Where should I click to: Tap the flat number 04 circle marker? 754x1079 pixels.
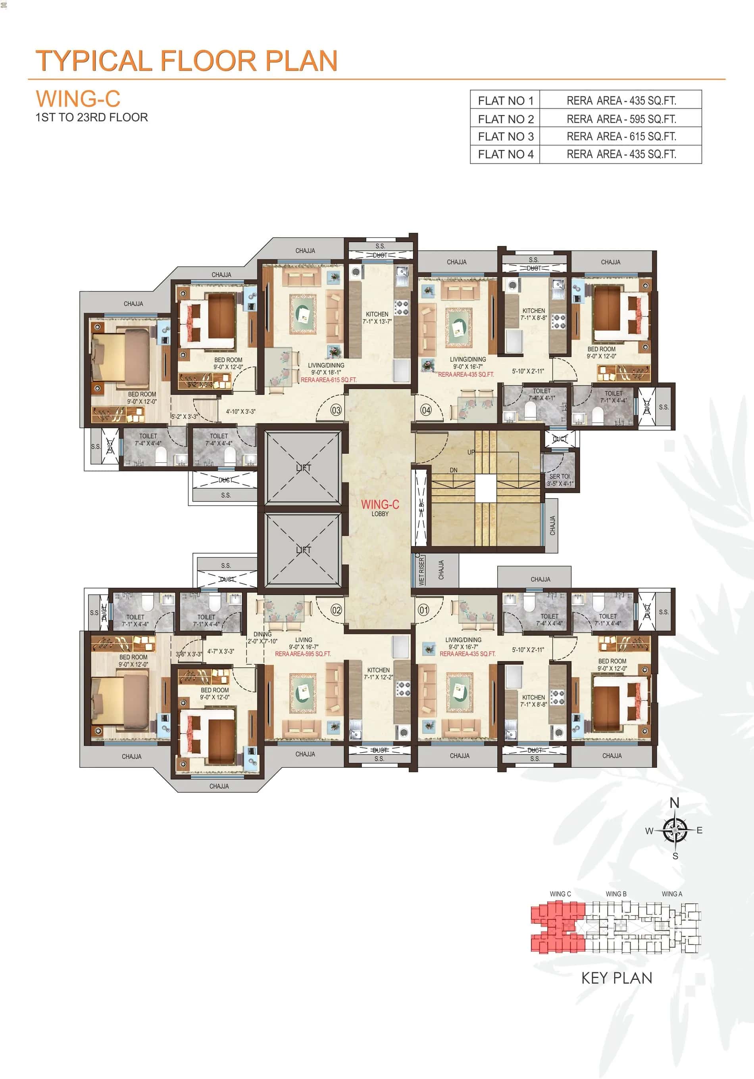pos(426,410)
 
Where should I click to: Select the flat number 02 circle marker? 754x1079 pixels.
pos(336,610)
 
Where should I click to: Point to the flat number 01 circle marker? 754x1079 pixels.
pos(424,610)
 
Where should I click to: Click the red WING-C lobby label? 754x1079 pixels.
pos(380,504)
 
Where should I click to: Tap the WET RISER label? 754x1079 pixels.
pos(421,571)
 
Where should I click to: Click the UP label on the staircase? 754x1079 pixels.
pos(471,452)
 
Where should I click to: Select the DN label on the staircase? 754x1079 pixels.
pos(454,470)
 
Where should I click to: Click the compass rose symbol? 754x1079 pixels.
pos(675,830)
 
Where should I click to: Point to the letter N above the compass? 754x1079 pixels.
pos(675,803)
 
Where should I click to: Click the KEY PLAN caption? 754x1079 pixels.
pos(617,978)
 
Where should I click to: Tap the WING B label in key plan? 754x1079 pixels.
pos(616,894)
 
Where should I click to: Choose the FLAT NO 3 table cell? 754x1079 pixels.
pos(505,137)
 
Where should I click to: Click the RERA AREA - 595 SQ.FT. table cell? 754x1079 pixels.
pos(621,119)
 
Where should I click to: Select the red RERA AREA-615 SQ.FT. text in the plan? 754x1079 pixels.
pos(328,380)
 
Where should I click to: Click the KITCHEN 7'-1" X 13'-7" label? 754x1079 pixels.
pos(377,318)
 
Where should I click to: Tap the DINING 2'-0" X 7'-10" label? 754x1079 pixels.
pos(262,638)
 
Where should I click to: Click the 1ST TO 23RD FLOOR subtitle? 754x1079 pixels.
pos(92,117)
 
